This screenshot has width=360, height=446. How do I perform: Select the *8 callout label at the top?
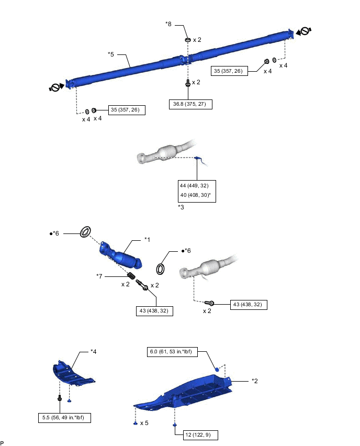click(x=168, y=24)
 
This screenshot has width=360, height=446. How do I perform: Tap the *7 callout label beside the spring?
click(x=99, y=275)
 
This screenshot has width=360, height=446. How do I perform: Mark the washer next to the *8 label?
click(x=187, y=40)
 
